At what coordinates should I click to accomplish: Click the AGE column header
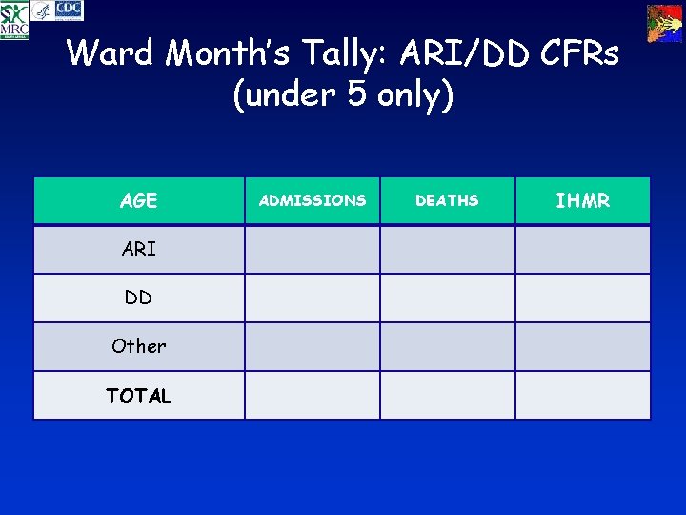pyautogui.click(x=139, y=201)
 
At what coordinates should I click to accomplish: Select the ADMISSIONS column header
pyautogui.click(x=313, y=200)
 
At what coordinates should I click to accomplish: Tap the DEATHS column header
pyautogui.click(x=448, y=200)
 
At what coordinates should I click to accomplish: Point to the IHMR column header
pyautogui.click(x=583, y=200)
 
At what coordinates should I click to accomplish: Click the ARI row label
pyautogui.click(x=139, y=249)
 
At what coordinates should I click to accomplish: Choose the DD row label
pyautogui.click(x=139, y=298)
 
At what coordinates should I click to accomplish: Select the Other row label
pyautogui.click(x=139, y=346)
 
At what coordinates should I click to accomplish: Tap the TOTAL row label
pyautogui.click(x=139, y=396)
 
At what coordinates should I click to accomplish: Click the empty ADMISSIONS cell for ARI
pyautogui.click(x=313, y=249)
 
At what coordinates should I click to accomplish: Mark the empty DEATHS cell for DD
pyautogui.click(x=448, y=298)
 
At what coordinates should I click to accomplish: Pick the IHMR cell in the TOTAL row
pyautogui.click(x=583, y=396)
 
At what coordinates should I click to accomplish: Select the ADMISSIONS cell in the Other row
pyautogui.click(x=313, y=346)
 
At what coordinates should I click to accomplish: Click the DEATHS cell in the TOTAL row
pyautogui.click(x=448, y=396)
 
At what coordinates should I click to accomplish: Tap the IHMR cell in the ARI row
pyautogui.click(x=583, y=249)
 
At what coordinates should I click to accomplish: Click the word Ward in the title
pyautogui.click(x=111, y=53)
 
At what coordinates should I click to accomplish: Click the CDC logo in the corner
pyautogui.click(x=69, y=10)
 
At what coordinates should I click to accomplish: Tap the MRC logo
pyautogui.click(x=14, y=20)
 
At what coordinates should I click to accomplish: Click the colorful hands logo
pyautogui.click(x=664, y=23)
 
